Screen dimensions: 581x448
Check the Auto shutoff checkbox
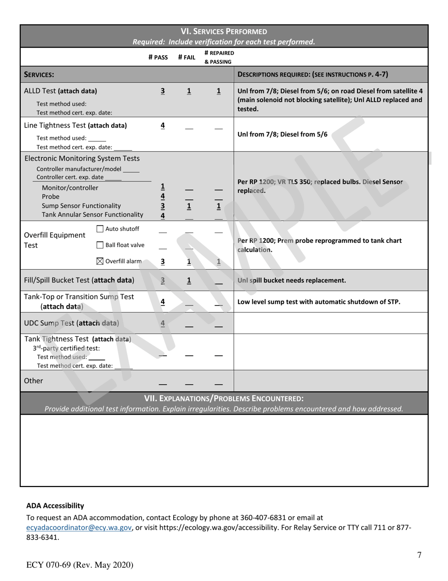100,229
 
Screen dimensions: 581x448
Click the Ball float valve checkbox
100,245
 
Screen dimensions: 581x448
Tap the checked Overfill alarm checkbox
100,261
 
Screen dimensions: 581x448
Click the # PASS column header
158,58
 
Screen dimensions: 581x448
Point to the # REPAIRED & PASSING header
219,57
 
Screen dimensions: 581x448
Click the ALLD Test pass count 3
163,91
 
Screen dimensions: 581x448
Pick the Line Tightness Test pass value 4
163,126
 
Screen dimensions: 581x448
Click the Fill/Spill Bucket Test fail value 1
189,281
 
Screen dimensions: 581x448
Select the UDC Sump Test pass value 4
163,324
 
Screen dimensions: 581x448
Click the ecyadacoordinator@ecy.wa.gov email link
79,528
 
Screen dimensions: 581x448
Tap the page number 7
419,555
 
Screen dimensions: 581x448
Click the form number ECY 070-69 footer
80,565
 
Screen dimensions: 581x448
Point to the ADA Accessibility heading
55,505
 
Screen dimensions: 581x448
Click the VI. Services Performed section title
224,32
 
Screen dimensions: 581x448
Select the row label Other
33,381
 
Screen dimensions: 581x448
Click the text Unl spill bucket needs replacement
291,281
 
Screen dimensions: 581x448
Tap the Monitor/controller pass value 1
163,187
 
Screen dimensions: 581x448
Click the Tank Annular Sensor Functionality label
92,214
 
